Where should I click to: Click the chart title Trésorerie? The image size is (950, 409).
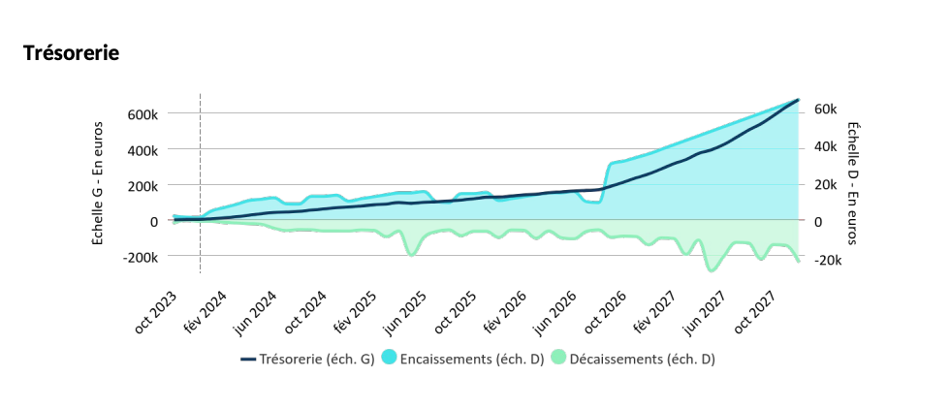pyautogui.click(x=71, y=53)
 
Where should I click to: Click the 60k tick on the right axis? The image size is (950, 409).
pyautogui.click(x=823, y=110)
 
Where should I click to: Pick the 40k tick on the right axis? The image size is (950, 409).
pyautogui.click(x=823, y=146)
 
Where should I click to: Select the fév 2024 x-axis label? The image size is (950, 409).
pyautogui.click(x=204, y=312)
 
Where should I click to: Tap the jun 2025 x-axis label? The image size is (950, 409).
pyautogui.click(x=405, y=312)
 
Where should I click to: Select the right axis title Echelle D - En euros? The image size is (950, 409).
pyautogui.click(x=852, y=183)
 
